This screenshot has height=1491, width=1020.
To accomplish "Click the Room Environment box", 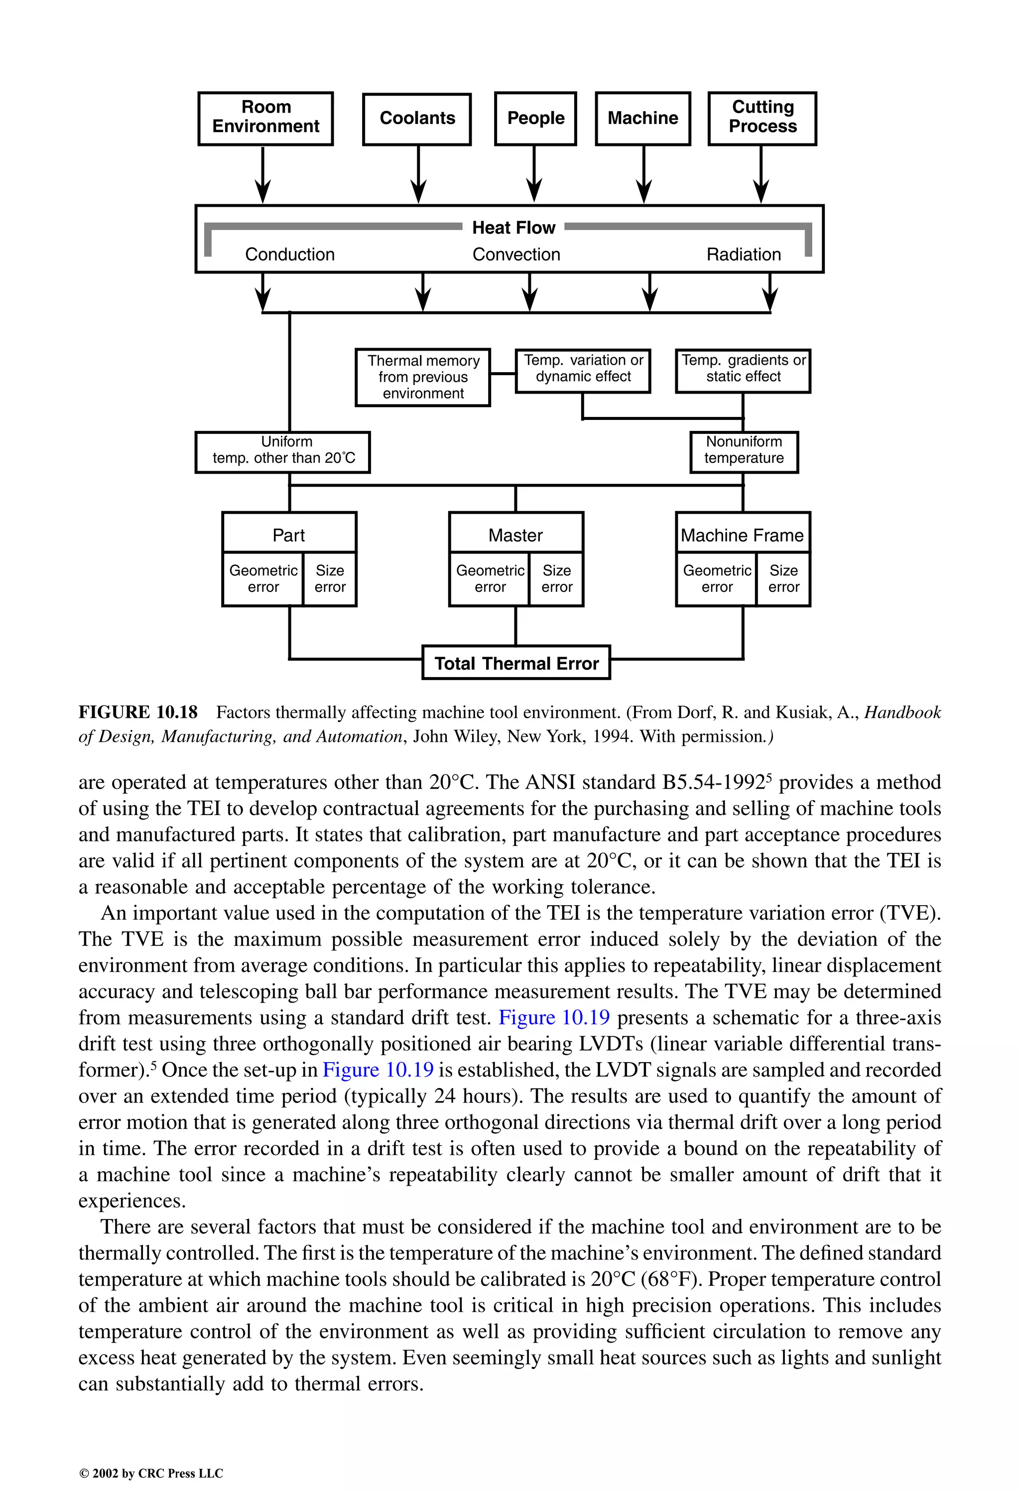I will [x=265, y=118].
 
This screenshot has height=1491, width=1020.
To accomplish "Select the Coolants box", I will [x=417, y=119].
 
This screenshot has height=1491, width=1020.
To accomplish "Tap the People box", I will [x=536, y=119].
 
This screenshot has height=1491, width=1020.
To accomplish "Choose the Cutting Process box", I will [x=762, y=118].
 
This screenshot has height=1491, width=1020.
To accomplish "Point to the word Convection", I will [x=516, y=255].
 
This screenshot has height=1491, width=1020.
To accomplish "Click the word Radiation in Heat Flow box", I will [x=744, y=255].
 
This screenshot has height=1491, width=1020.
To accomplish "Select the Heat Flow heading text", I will [x=513, y=228].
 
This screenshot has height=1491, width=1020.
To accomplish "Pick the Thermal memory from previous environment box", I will [x=423, y=377].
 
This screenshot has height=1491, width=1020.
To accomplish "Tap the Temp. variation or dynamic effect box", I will [x=583, y=370].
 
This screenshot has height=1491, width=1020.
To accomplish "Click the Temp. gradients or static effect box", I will [x=743, y=370].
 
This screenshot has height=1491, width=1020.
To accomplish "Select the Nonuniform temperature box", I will [x=744, y=452].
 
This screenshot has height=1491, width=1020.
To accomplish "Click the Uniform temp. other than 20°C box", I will [x=283, y=452].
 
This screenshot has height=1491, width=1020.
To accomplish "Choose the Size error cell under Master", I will [x=556, y=579].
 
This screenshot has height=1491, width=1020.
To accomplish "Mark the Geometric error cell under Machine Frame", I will [x=717, y=579].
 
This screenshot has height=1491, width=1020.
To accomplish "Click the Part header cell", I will [x=289, y=535].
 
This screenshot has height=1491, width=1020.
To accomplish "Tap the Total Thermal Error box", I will [x=516, y=663].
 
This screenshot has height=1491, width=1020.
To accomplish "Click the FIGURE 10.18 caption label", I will [x=138, y=712].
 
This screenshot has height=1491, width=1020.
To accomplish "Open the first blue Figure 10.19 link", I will [x=554, y=1018].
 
